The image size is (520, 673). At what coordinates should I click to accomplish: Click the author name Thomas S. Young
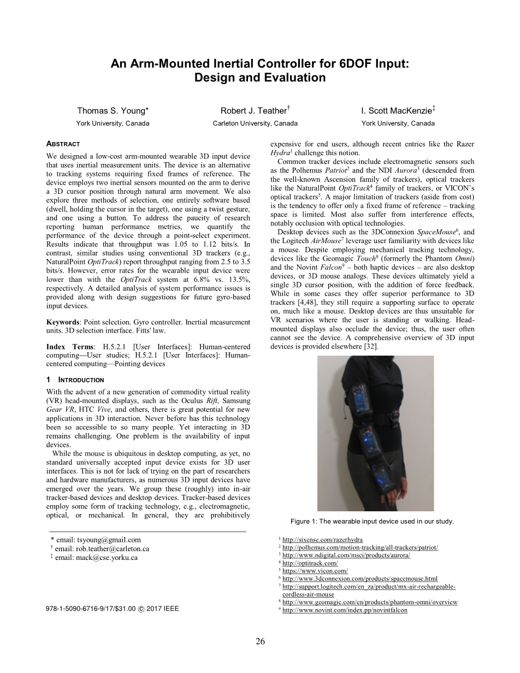point(112,111)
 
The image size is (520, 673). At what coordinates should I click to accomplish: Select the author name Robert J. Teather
point(254,111)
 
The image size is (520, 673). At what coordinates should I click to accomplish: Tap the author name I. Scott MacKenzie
point(397,111)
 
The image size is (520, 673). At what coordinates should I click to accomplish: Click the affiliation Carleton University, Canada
point(255,123)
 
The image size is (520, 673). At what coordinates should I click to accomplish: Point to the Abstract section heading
point(63,144)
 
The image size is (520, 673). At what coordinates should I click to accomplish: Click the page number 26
point(260,642)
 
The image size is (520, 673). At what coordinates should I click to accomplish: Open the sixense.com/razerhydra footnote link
point(322,540)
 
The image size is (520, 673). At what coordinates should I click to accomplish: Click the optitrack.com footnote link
point(310,563)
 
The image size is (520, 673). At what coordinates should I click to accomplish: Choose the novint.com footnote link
point(345,610)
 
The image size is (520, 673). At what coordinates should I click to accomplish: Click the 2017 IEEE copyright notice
point(113,609)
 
